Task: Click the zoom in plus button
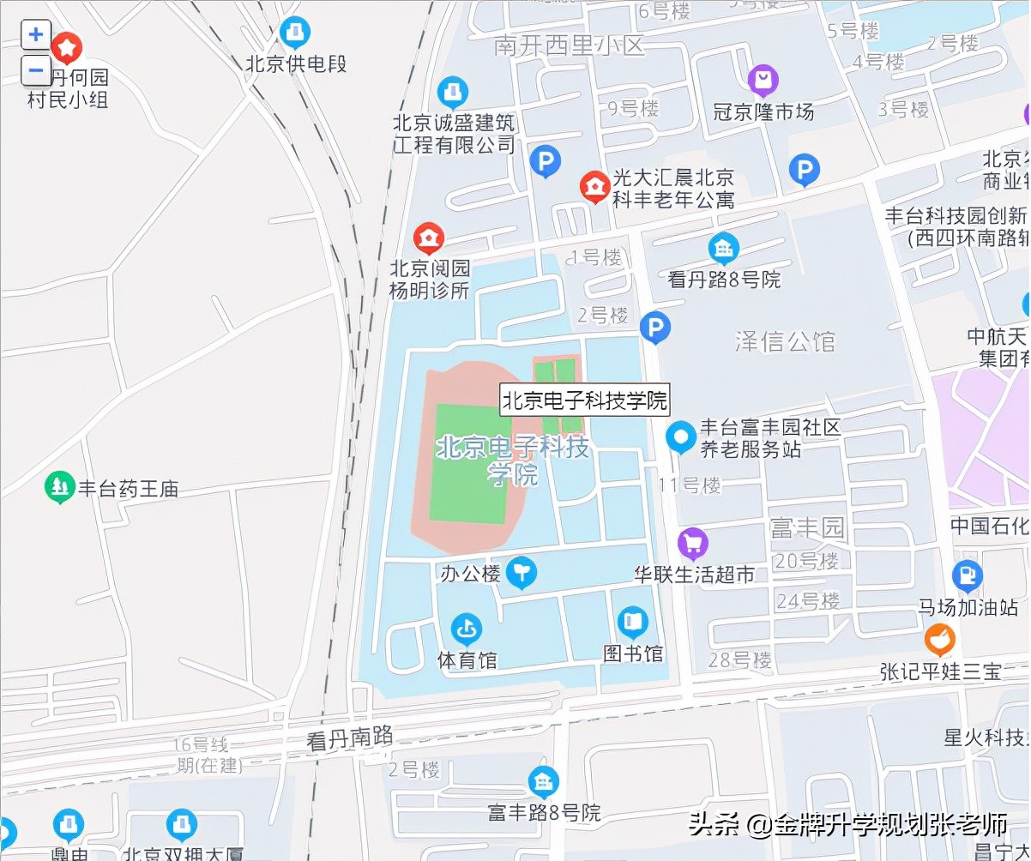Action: (x=35, y=35)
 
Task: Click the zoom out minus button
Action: (x=35, y=69)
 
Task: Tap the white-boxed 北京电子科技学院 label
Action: (x=584, y=400)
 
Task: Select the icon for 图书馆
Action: (x=633, y=621)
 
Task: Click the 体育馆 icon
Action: (x=466, y=629)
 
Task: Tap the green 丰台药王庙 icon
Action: (x=59, y=488)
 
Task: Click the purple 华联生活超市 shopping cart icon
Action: (x=692, y=543)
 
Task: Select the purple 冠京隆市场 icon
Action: (x=763, y=81)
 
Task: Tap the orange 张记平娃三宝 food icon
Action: (x=940, y=640)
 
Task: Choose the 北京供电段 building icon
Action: (x=296, y=33)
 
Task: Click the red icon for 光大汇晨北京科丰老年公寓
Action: (x=593, y=186)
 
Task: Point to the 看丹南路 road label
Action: (x=350, y=738)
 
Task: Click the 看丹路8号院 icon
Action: (x=724, y=249)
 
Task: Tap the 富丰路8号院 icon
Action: (x=543, y=781)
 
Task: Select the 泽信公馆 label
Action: (x=785, y=341)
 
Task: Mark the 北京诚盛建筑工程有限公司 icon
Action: (x=453, y=91)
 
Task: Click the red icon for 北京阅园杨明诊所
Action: (x=428, y=238)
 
